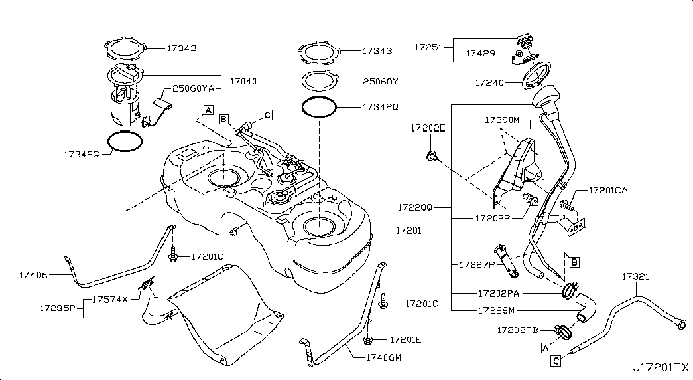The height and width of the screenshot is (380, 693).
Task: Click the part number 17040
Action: tap(243, 81)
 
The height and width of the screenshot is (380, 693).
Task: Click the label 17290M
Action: tap(502, 120)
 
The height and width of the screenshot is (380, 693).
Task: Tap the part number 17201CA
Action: tap(606, 190)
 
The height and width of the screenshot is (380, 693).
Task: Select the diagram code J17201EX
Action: tap(660, 367)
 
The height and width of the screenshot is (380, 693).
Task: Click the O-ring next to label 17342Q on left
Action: tap(125, 142)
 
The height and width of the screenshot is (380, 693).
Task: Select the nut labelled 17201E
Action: tap(367, 341)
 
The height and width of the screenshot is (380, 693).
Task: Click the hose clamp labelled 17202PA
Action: tap(568, 291)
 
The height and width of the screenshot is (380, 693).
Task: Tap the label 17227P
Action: tap(476, 264)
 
